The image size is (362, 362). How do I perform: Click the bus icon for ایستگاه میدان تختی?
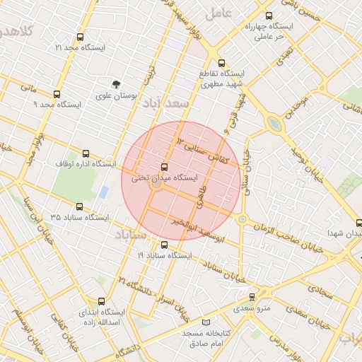coord(165,167)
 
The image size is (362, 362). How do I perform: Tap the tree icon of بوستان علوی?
coord(117,83)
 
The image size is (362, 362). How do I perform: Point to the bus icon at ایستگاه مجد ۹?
coord(57,93)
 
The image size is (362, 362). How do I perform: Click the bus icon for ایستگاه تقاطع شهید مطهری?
coord(222,62)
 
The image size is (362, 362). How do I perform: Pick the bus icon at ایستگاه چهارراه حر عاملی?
coord(268,15)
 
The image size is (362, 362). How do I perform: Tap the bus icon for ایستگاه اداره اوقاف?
coord(86,153)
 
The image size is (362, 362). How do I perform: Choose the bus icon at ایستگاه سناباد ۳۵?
coord(78,207)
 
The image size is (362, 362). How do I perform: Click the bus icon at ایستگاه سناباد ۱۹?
coord(165,245)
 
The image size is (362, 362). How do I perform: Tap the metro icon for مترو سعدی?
coord(252,297)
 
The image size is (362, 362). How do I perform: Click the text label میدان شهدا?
coord(344,233)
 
